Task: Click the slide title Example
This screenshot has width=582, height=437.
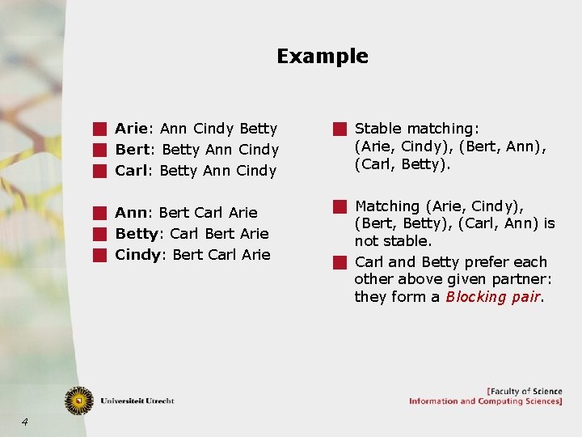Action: [x=322, y=57]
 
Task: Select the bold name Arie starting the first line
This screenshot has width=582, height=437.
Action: [x=130, y=129]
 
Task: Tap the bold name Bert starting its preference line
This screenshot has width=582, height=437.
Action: [x=133, y=150]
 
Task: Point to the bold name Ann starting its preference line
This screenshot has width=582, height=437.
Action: [x=131, y=213]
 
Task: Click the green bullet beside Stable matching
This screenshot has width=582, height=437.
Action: [x=339, y=129]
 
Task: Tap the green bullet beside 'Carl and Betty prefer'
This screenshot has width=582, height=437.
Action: [x=339, y=262]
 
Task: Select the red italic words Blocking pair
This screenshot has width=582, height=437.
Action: [x=494, y=297]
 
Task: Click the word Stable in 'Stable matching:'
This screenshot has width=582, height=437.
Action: [x=379, y=129]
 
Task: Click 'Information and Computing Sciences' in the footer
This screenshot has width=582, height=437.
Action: [x=485, y=401]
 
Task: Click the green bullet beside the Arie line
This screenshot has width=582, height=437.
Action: [x=99, y=129]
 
